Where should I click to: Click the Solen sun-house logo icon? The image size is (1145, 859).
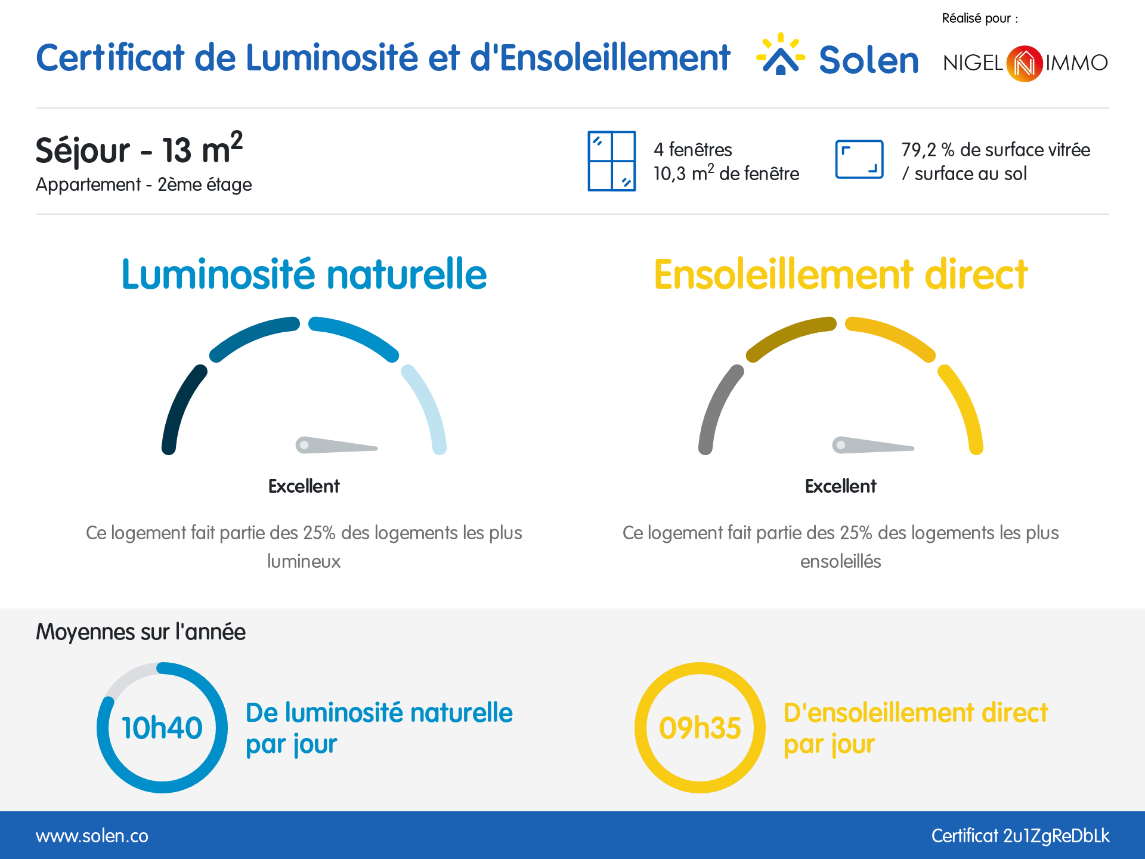(780, 55)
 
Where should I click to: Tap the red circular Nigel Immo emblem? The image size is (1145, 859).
(1024, 63)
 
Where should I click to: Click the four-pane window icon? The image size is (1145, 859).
(611, 161)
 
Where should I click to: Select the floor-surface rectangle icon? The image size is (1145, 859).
(859, 159)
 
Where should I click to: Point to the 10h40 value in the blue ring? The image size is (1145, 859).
(162, 728)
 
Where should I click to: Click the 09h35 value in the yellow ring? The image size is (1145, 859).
(700, 728)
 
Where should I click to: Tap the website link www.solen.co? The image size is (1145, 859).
(92, 836)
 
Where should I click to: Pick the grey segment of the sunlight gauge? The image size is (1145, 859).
(717, 409)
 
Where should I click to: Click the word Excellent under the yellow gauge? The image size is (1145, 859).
(840, 486)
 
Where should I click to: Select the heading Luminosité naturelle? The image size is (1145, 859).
(304, 274)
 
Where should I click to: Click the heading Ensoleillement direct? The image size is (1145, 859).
(840, 274)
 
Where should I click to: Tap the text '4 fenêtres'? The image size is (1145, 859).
(692, 150)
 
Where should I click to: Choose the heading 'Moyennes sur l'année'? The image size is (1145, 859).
(141, 632)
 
